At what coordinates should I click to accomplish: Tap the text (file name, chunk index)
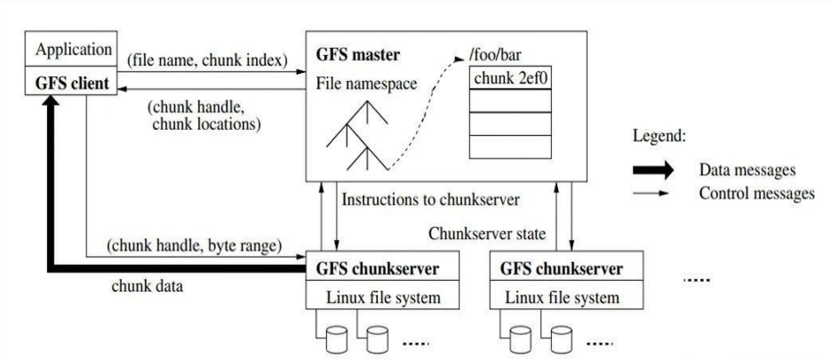click(206, 60)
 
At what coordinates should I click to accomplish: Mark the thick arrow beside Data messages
click(656, 169)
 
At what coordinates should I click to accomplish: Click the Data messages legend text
click(747, 169)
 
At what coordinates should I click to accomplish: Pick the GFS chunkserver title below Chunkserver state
click(561, 268)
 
